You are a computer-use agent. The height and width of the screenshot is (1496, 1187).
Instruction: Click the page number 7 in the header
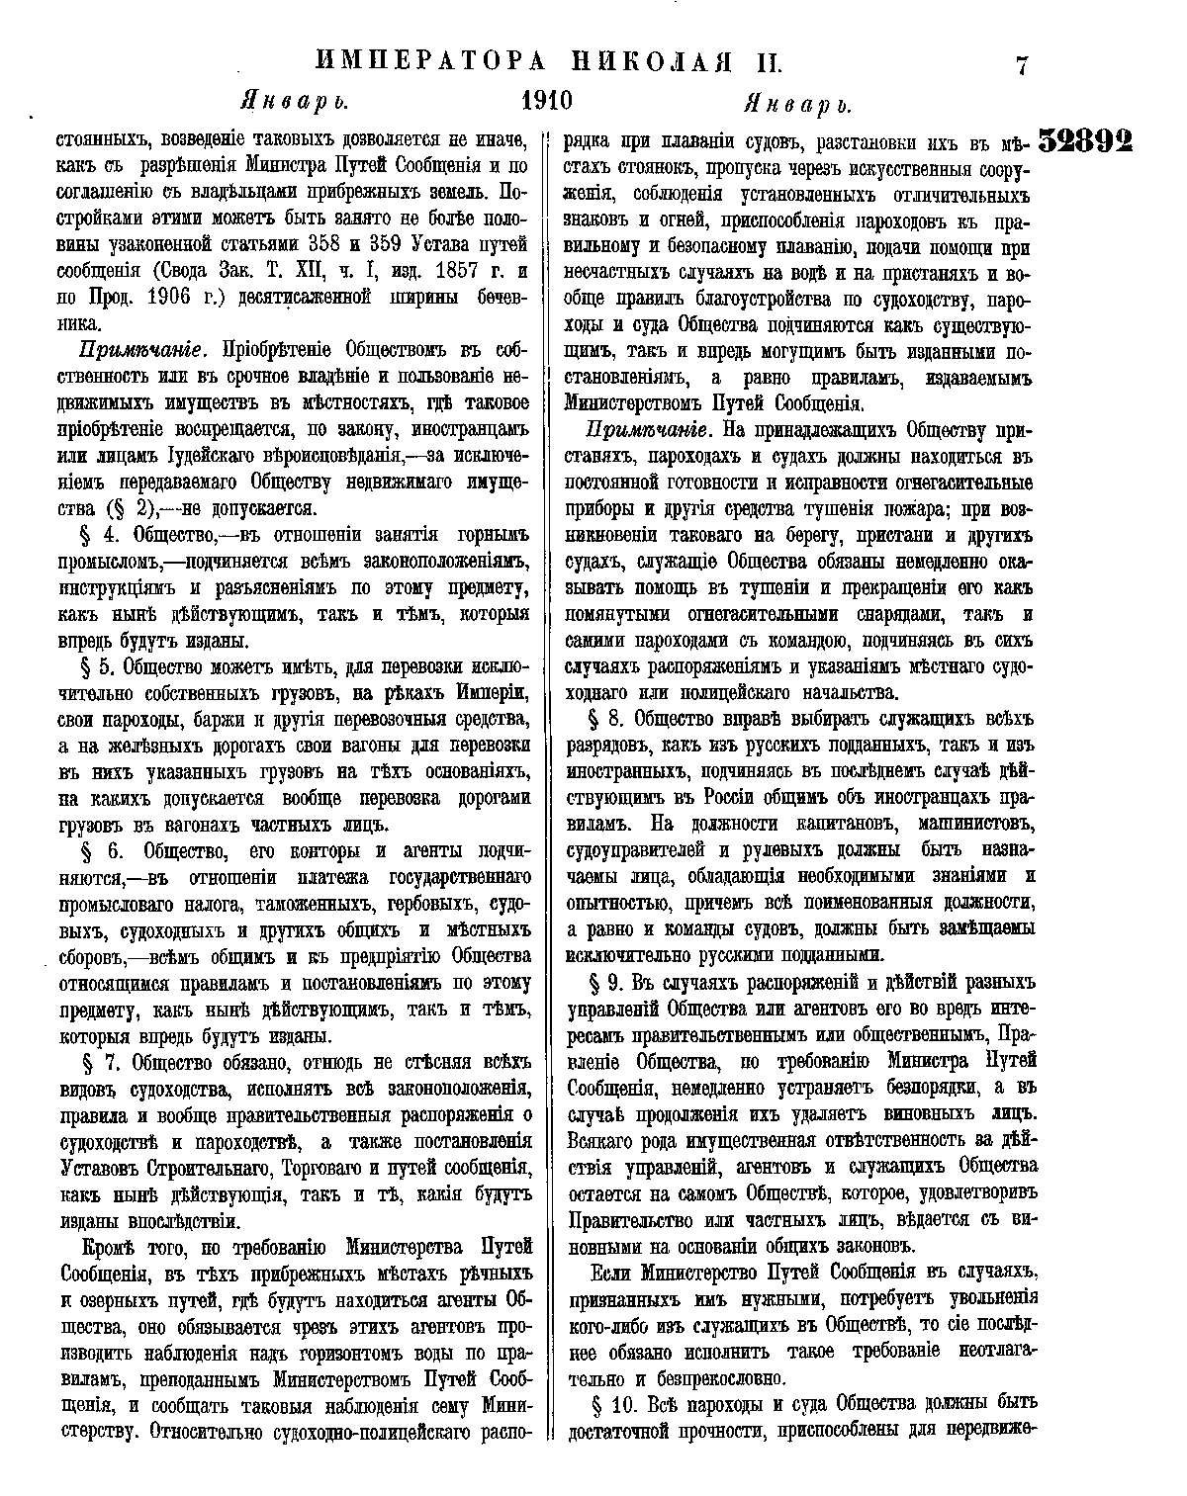coord(1022,66)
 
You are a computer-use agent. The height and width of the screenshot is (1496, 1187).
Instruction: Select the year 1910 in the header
coord(547,102)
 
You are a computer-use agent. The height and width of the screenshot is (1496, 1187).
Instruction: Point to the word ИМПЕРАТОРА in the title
coord(430,62)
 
